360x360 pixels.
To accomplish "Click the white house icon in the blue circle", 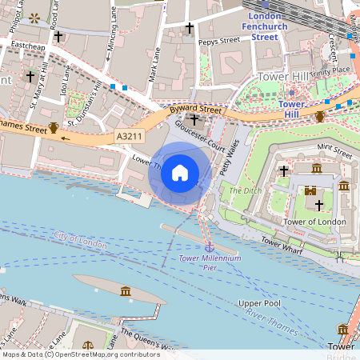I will point(180,172).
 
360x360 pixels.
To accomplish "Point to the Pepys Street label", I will point(218,39).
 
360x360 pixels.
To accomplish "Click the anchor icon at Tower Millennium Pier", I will point(209,247).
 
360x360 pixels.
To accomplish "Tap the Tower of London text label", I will point(315,222).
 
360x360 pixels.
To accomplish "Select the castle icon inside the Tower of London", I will point(311,190).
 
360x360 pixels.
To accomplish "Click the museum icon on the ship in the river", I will point(126,291).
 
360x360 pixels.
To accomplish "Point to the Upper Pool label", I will point(259,304).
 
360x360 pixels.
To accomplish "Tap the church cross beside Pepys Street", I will point(190,28).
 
